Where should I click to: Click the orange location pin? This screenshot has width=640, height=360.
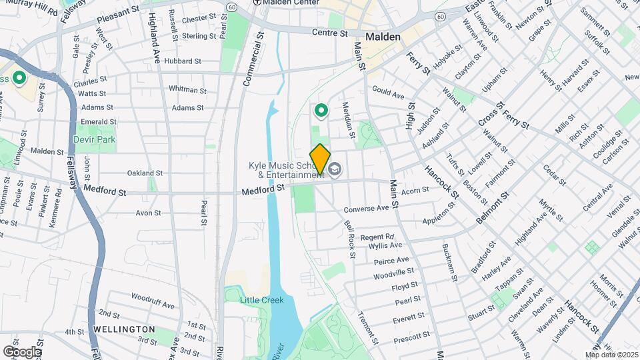320,159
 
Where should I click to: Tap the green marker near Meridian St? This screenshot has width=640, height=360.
321,111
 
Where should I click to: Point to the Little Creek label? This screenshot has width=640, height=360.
261,300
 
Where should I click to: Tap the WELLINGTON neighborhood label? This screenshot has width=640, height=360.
124,329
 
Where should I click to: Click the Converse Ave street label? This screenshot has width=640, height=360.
366,208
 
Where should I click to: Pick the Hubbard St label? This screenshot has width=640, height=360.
181,61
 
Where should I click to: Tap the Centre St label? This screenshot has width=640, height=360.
330,32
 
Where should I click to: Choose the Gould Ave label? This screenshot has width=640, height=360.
389,93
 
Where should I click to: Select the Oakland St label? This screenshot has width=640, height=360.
145,173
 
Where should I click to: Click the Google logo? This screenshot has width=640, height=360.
22,351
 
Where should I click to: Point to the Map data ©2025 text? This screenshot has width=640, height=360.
612,355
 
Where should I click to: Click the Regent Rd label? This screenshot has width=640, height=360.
377,237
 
